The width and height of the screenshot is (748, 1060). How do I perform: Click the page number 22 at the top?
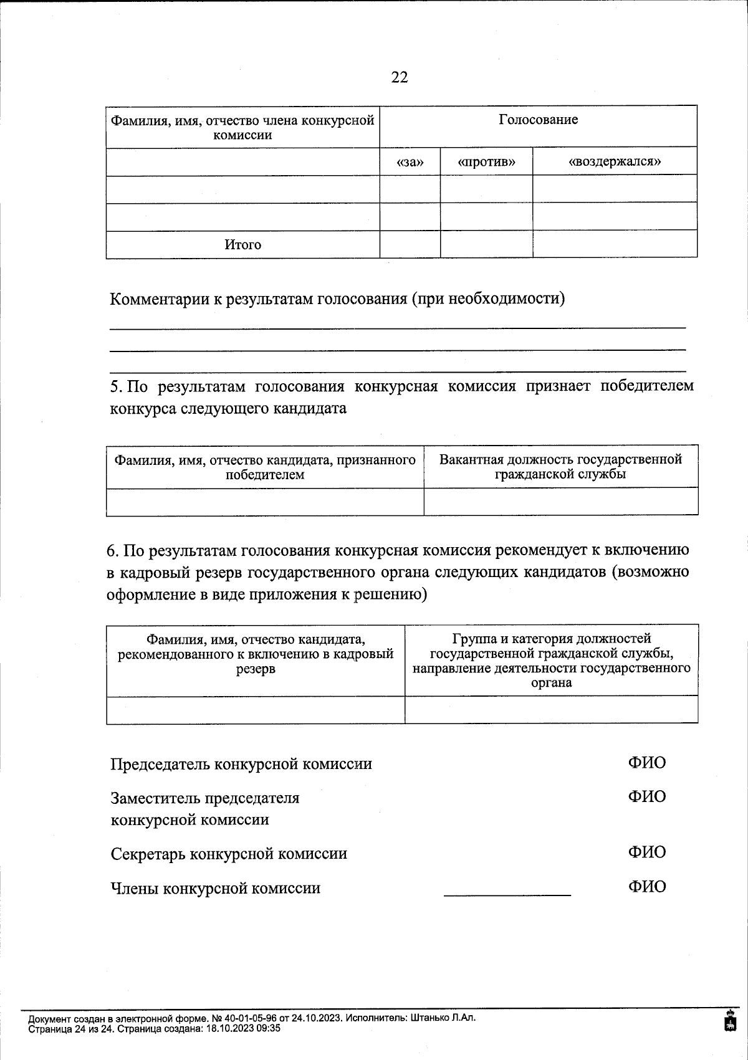click(x=400, y=77)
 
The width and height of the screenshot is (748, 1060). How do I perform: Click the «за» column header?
click(x=410, y=162)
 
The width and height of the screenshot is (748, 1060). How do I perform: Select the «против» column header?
click(x=486, y=162)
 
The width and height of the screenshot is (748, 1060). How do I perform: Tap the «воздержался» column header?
click(x=615, y=162)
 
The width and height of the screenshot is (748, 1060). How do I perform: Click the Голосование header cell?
click(x=538, y=120)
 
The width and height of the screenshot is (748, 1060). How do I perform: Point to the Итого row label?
click(x=242, y=245)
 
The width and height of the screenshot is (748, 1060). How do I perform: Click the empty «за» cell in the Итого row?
click(x=410, y=244)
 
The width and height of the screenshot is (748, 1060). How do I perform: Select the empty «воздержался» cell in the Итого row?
click(x=615, y=244)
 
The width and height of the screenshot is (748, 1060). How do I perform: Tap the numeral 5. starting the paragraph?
click(x=117, y=386)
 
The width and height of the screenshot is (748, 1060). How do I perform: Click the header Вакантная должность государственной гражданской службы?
click(x=560, y=467)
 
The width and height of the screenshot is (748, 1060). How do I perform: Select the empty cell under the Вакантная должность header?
click(x=560, y=502)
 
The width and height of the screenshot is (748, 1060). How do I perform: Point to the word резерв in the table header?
click(x=256, y=669)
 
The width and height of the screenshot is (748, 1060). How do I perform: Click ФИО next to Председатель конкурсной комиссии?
click(x=646, y=763)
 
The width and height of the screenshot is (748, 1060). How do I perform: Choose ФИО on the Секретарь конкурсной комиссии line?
click(x=646, y=852)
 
